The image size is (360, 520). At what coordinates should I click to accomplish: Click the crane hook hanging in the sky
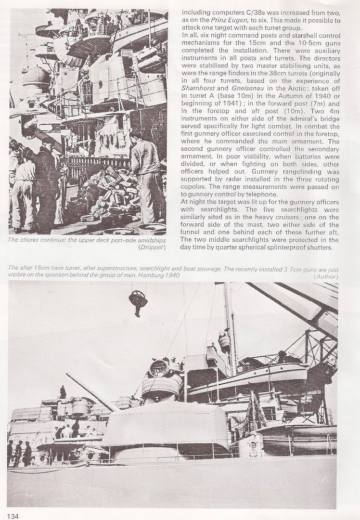click(138, 301)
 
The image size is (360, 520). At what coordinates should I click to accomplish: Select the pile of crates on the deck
click(106, 193)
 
